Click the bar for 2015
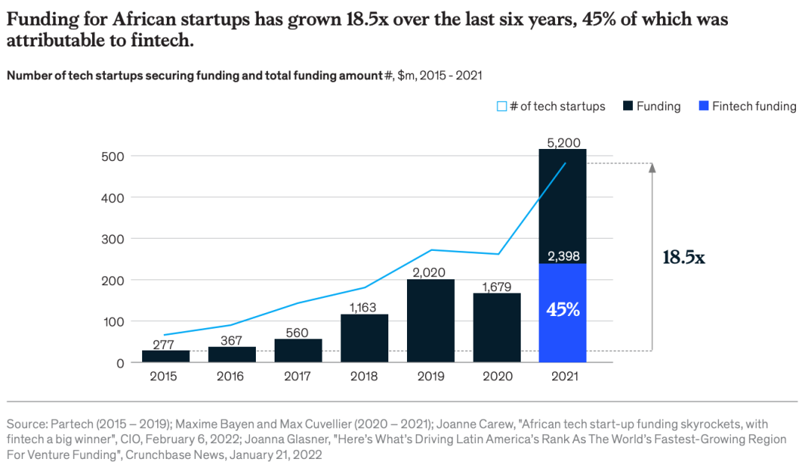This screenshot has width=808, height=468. click(165, 356)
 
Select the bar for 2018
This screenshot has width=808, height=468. click(364, 338)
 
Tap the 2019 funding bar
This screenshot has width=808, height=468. click(431, 320)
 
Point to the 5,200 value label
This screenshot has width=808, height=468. click(563, 142)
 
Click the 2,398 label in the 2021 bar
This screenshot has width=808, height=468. click(563, 256)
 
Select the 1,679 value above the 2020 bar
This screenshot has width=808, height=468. click(497, 286)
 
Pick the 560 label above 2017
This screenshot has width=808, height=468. click(298, 332)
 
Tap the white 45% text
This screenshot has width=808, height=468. click(563, 309)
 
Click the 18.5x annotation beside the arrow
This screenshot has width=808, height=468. click(684, 258)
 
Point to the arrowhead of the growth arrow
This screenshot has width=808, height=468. click(652, 168)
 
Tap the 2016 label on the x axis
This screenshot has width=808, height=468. click(231, 377)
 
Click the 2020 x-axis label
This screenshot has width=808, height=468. click(497, 377)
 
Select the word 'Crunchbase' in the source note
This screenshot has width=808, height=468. click(152, 454)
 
